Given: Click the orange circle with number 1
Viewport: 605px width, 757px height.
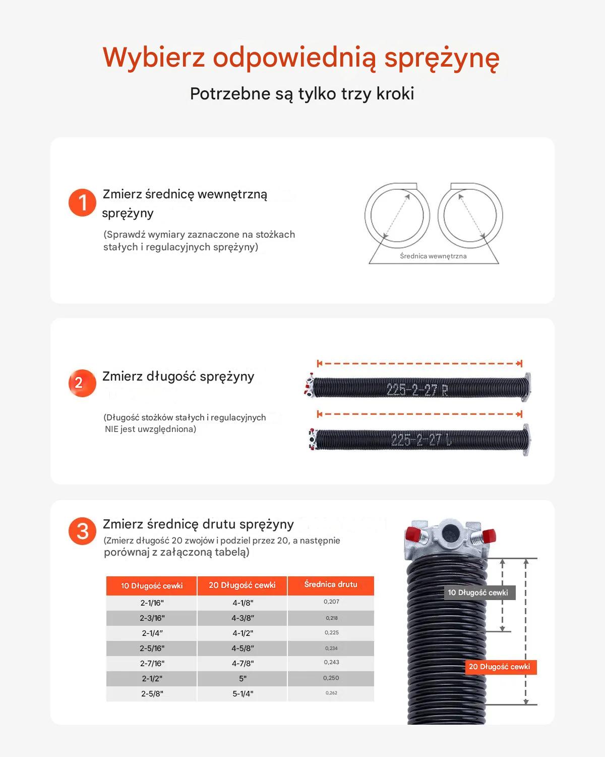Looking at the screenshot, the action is tap(82, 202).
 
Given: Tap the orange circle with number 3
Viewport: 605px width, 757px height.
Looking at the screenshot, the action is tap(82, 531).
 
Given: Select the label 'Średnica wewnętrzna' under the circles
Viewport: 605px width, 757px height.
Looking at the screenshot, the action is tap(433, 256).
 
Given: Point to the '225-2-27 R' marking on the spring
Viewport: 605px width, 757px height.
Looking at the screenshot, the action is tap(417, 390).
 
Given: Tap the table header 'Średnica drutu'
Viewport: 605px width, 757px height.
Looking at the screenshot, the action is tap(331, 584).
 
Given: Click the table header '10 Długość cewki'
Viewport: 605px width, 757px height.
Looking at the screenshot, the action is tap(152, 586).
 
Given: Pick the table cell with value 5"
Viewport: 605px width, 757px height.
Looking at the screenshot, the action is tap(243, 679).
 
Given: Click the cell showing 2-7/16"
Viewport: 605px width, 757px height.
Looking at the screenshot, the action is tap(152, 664).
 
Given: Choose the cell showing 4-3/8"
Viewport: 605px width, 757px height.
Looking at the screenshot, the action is tap(243, 618).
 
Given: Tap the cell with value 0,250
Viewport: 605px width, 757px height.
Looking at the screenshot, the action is tap(331, 678).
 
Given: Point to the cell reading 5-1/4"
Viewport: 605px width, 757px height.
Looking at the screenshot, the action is tap(243, 694).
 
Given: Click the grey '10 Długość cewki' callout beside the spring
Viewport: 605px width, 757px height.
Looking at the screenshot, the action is tap(478, 592).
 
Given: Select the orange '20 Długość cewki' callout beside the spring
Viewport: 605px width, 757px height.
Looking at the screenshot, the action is tap(501, 667).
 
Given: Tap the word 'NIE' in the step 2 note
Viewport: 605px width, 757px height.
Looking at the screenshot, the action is tap(111, 429).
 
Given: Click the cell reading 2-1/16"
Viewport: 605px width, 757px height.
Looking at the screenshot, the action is tap(152, 603).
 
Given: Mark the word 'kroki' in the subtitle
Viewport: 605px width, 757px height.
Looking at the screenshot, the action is tap(395, 93).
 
